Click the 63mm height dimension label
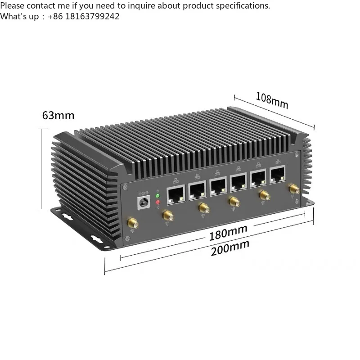[x=58, y=116]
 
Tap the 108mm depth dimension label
[x=272, y=100]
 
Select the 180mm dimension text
[x=228, y=232]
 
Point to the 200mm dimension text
[x=230, y=248]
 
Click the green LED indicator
[x=157, y=196]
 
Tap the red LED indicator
[x=158, y=202]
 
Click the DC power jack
[x=144, y=202]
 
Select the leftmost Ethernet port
[x=176, y=194]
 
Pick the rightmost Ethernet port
[x=278, y=174]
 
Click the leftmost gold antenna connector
[x=133, y=223]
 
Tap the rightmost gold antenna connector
[x=294, y=189]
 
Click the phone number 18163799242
[x=92, y=17]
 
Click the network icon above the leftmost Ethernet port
[x=175, y=180]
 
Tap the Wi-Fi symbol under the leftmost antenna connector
[x=132, y=231]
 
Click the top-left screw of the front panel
[x=125, y=188]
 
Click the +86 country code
[x=55, y=17]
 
